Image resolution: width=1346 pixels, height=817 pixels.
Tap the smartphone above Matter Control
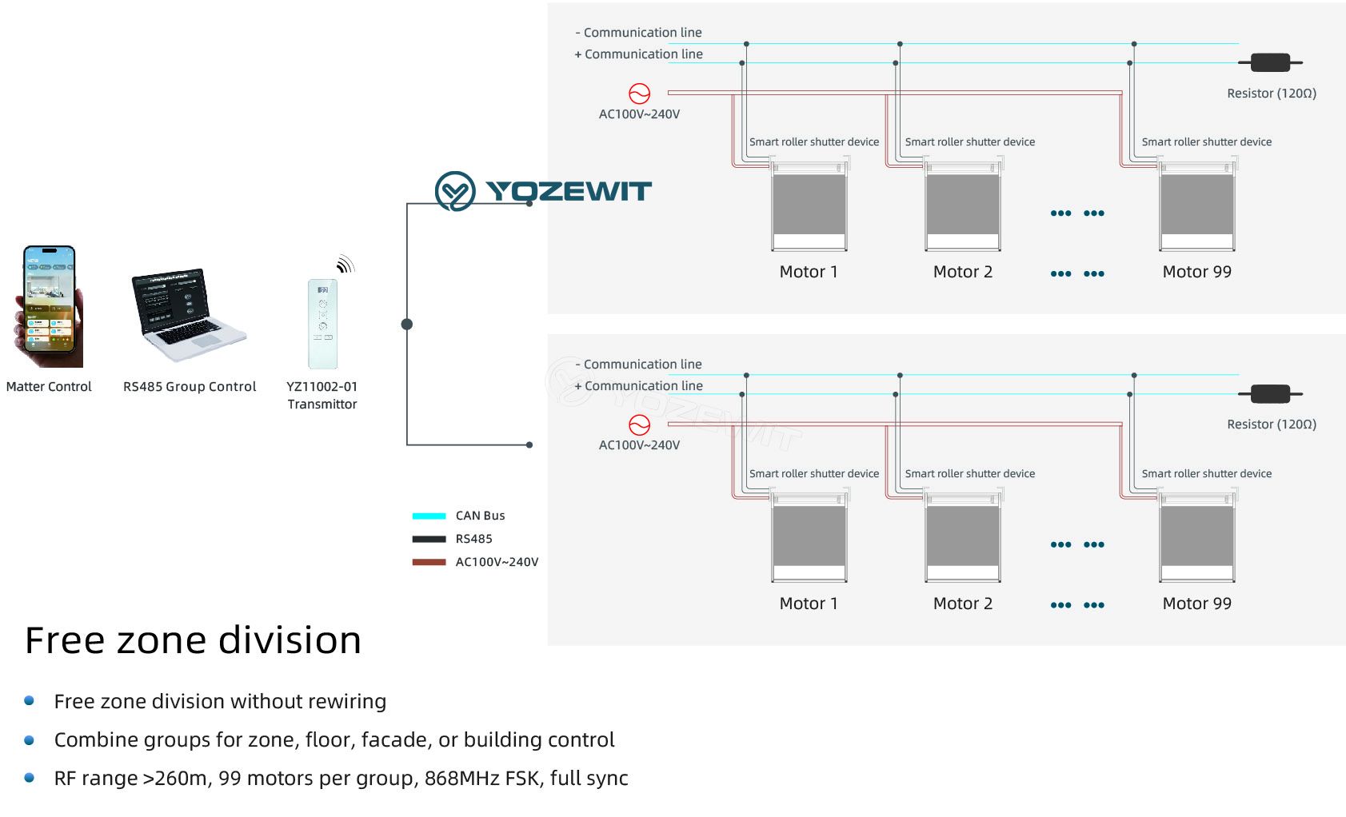[50, 305]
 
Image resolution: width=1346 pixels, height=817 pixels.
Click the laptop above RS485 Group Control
[188, 315]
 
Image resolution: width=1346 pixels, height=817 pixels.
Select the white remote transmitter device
[322, 324]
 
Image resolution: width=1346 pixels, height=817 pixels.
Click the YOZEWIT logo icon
[455, 191]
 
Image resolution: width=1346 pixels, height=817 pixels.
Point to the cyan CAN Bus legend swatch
[429, 516]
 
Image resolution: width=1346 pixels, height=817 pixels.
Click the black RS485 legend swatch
[429, 539]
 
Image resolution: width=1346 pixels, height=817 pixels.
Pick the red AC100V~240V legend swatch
[429, 562]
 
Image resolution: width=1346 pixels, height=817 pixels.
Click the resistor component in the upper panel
[1270, 62]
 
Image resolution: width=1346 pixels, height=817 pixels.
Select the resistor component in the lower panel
[1270, 394]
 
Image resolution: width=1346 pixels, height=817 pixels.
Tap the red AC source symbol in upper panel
[639, 94]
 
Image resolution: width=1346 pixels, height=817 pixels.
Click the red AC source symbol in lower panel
[639, 425]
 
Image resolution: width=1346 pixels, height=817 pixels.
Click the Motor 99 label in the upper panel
[1197, 272]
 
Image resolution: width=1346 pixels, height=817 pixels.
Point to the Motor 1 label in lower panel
[809, 603]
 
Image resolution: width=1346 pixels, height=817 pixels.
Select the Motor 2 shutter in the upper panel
[963, 205]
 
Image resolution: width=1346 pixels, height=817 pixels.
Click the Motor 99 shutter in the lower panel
[1197, 536]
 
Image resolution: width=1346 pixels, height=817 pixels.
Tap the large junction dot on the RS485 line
[407, 325]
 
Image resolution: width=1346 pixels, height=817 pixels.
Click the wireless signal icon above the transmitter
[345, 264]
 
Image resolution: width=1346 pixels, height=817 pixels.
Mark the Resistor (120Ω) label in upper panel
[1272, 93]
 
